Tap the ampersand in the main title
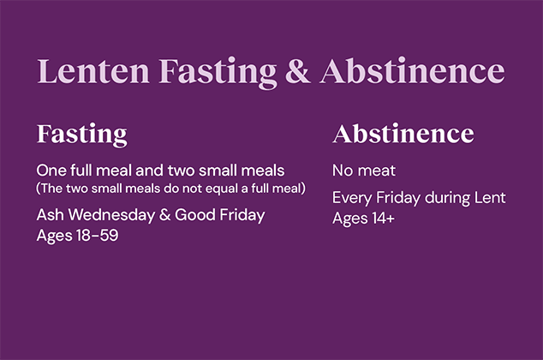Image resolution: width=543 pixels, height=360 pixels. (296, 72)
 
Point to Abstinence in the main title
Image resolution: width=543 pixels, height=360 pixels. (412, 72)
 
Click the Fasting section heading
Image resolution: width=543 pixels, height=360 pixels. (81, 135)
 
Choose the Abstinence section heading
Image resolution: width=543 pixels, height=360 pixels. (403, 135)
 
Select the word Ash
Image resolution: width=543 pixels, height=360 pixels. (50, 214)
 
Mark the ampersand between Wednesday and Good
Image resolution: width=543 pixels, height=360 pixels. (165, 214)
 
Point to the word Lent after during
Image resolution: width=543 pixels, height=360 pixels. (490, 198)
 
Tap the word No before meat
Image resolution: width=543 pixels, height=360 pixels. (343, 171)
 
